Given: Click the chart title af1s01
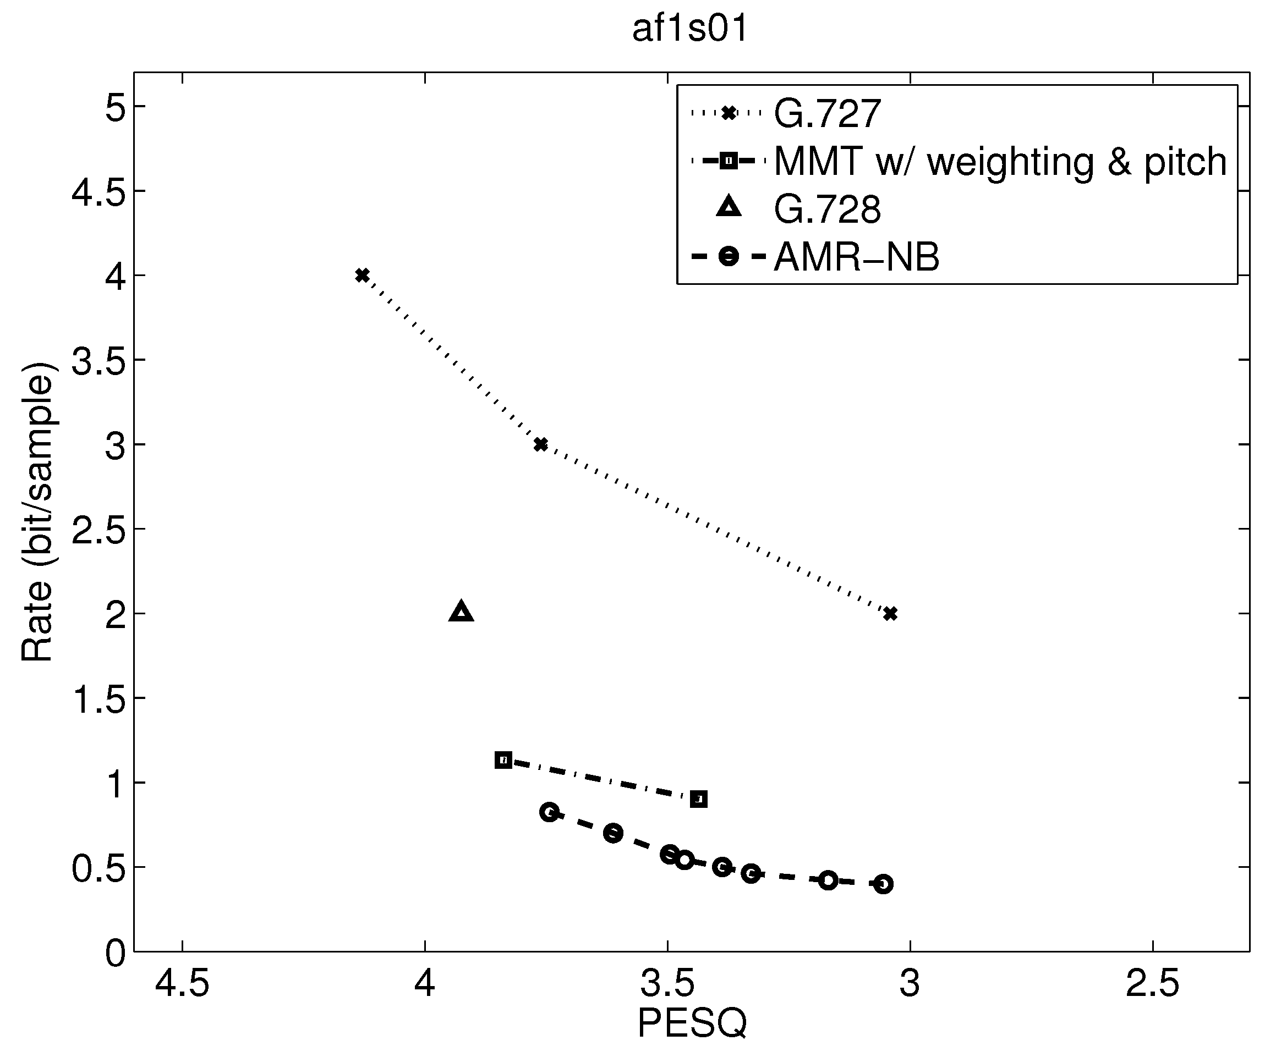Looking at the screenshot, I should pyautogui.click(x=691, y=29).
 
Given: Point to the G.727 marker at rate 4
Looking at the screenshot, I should pyautogui.click(x=362, y=275).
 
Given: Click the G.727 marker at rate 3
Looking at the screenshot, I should pyautogui.click(x=541, y=444).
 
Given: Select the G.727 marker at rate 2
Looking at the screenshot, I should pyautogui.click(x=890, y=614).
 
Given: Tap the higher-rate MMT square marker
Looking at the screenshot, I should pyautogui.click(x=503, y=760).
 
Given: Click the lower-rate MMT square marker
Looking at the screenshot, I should pyautogui.click(x=699, y=799).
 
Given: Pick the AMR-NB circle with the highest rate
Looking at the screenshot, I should pyautogui.click(x=549, y=812).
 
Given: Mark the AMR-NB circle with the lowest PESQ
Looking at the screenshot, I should pyautogui.click(x=883, y=884).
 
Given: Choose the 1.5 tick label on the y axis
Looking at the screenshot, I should pyautogui.click(x=99, y=698).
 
